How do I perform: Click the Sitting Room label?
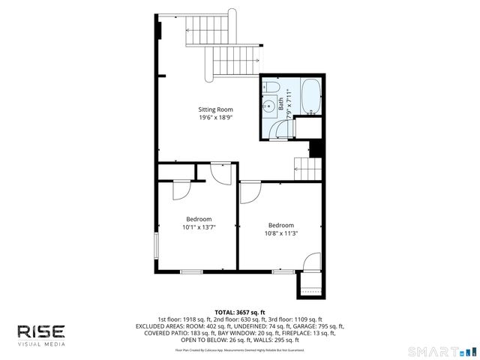(x=215, y=109)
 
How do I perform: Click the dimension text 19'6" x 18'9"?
(x=215, y=118)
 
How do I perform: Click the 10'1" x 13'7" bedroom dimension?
(x=199, y=227)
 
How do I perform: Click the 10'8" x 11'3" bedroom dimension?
(x=281, y=232)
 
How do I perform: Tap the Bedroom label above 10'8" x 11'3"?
(x=281, y=224)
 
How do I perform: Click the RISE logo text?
(x=41, y=331)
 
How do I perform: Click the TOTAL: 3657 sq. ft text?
(x=240, y=312)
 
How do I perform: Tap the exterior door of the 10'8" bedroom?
(x=310, y=264)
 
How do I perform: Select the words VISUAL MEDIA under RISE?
(x=41, y=344)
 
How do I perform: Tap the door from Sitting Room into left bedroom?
(x=220, y=175)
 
